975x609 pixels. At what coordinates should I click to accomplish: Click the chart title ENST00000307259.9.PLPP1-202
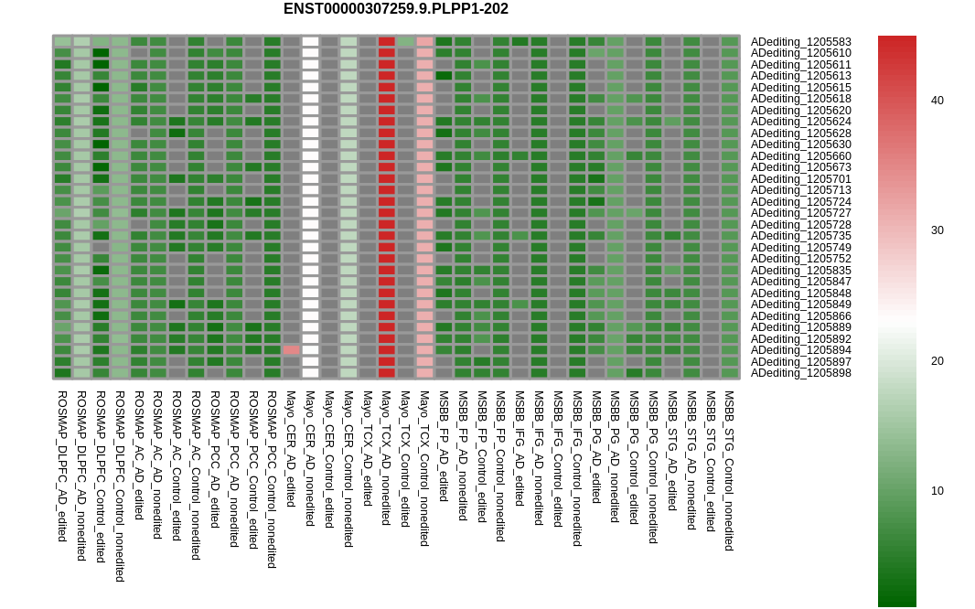(395, 9)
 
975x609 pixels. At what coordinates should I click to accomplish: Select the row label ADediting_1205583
(800, 42)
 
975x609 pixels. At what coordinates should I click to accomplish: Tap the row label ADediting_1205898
(800, 373)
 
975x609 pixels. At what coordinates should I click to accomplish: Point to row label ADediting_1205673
(800, 167)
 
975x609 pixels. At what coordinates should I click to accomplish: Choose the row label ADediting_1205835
(800, 271)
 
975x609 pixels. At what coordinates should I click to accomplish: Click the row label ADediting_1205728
(800, 225)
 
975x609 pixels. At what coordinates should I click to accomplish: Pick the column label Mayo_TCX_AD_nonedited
(386, 457)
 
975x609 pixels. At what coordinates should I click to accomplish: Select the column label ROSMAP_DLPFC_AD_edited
(62, 465)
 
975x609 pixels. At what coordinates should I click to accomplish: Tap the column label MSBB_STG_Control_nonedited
(729, 470)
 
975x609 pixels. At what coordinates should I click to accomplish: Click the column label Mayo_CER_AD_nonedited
(310, 458)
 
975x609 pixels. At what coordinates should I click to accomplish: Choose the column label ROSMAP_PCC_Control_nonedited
(272, 479)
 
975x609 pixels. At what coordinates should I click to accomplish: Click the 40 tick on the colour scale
(937, 101)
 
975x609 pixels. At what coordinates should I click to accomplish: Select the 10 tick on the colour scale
(937, 491)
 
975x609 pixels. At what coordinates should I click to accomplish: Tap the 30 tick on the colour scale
(937, 230)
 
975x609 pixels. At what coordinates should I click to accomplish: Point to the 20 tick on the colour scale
(937, 361)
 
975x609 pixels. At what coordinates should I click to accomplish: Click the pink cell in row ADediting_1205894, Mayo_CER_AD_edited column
(291, 350)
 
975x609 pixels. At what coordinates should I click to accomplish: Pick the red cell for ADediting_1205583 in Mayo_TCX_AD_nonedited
(386, 42)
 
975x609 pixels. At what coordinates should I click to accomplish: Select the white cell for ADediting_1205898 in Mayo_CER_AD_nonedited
(310, 373)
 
